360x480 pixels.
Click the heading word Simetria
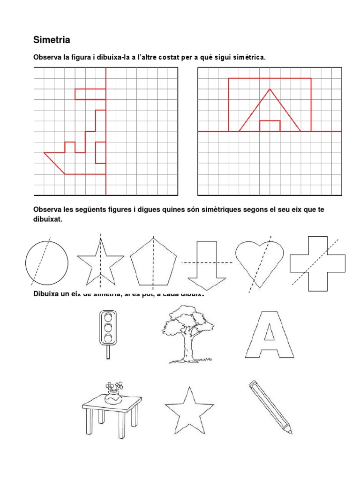[x=52, y=40]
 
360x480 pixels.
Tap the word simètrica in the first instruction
[x=248, y=58]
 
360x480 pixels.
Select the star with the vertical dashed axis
[x=100, y=262]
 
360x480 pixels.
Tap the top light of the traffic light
[x=108, y=317]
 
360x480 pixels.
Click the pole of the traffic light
[x=108, y=352]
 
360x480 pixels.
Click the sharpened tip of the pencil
[x=291, y=431]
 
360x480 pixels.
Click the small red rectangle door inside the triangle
[x=270, y=126]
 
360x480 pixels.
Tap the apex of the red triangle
[x=270, y=89]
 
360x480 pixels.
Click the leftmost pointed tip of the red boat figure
[x=45, y=153]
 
